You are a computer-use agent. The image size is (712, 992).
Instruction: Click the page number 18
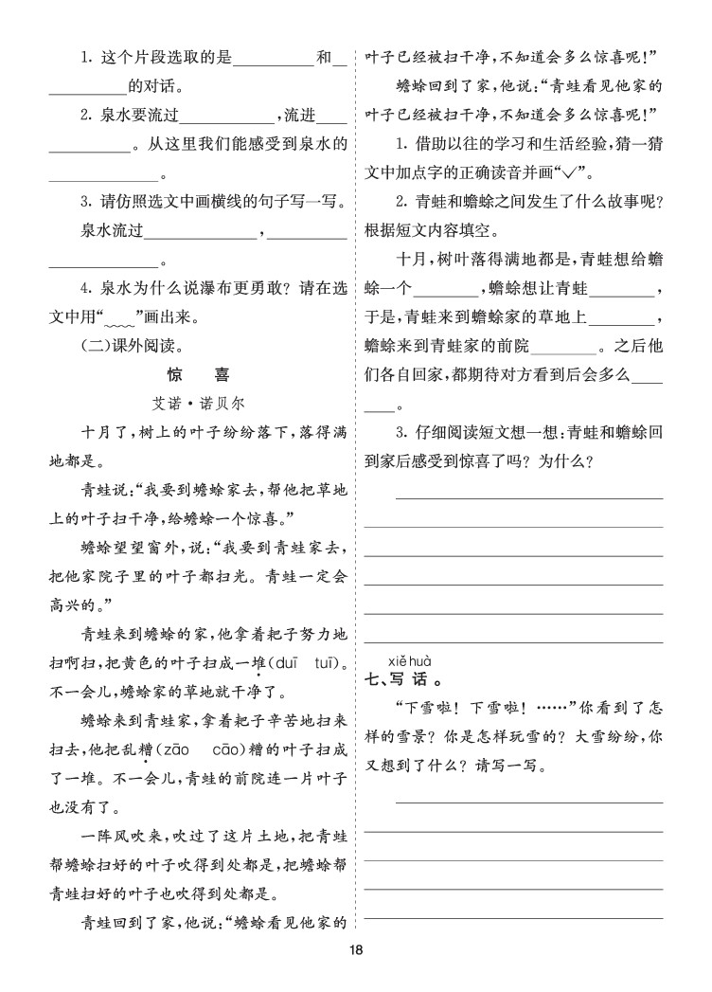355,951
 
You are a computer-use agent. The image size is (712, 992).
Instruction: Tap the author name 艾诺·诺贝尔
197,403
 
